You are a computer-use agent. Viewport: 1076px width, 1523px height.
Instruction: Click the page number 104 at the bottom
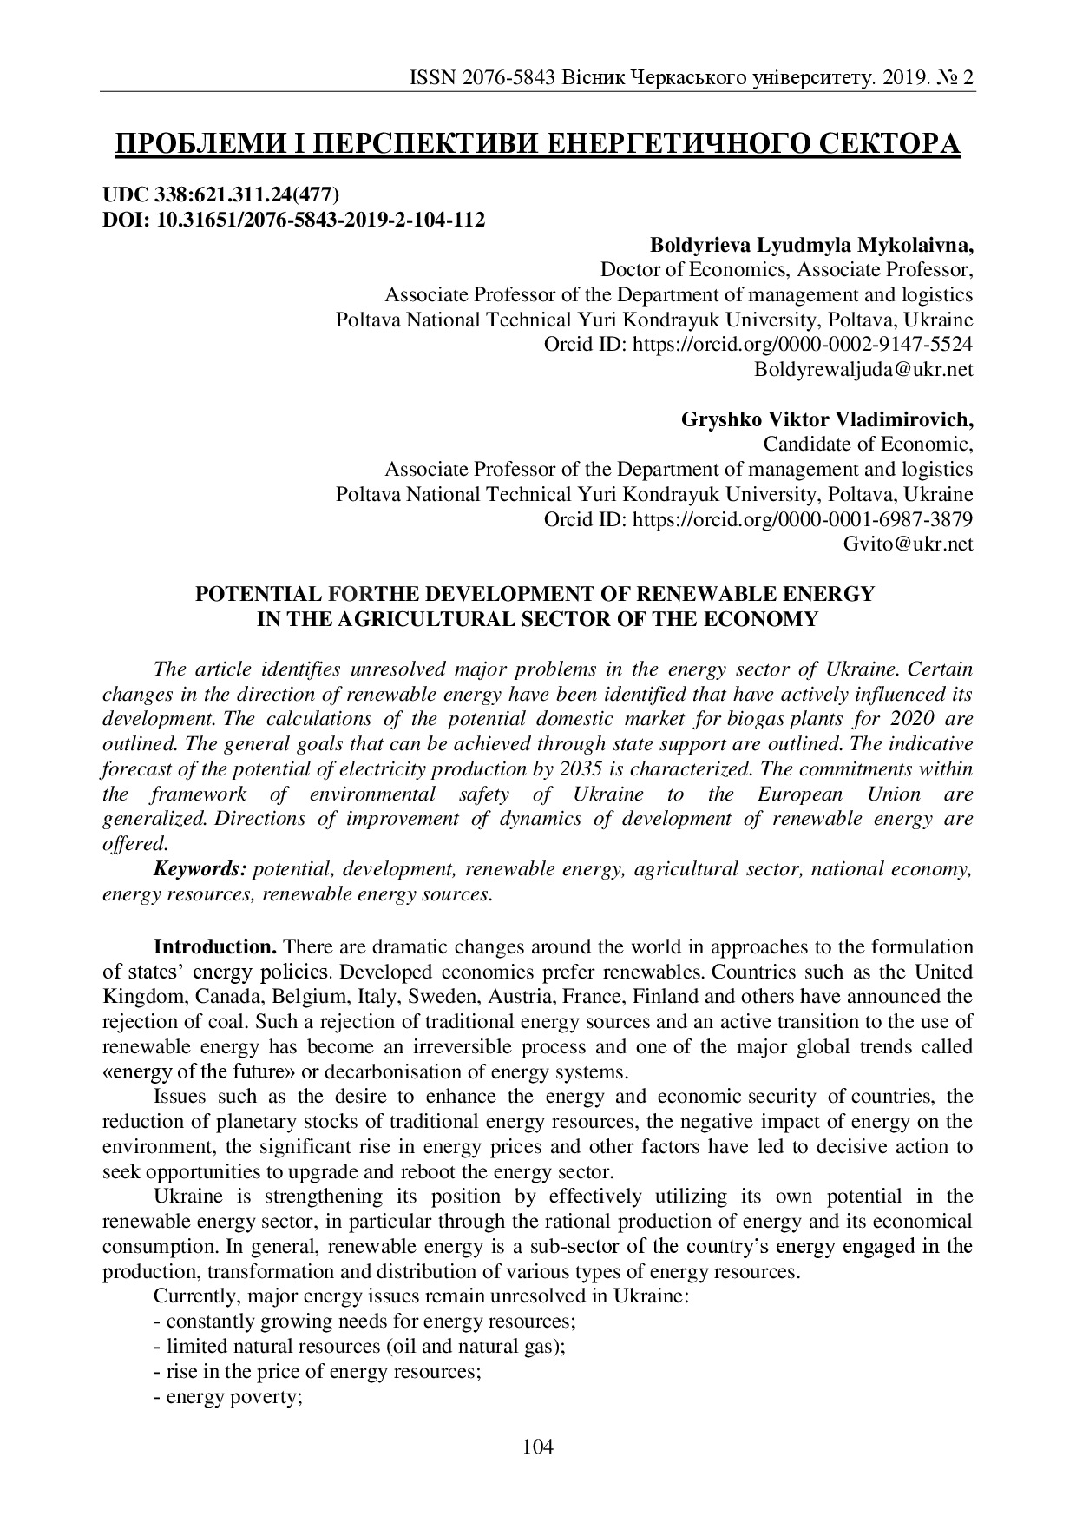point(537,1446)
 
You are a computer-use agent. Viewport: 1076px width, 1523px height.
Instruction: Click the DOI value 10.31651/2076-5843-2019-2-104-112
point(320,219)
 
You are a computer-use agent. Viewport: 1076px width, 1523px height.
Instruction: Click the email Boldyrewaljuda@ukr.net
point(863,369)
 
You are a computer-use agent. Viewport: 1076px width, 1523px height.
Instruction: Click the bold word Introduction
point(215,946)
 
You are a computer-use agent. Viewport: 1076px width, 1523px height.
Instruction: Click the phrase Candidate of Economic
point(866,444)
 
